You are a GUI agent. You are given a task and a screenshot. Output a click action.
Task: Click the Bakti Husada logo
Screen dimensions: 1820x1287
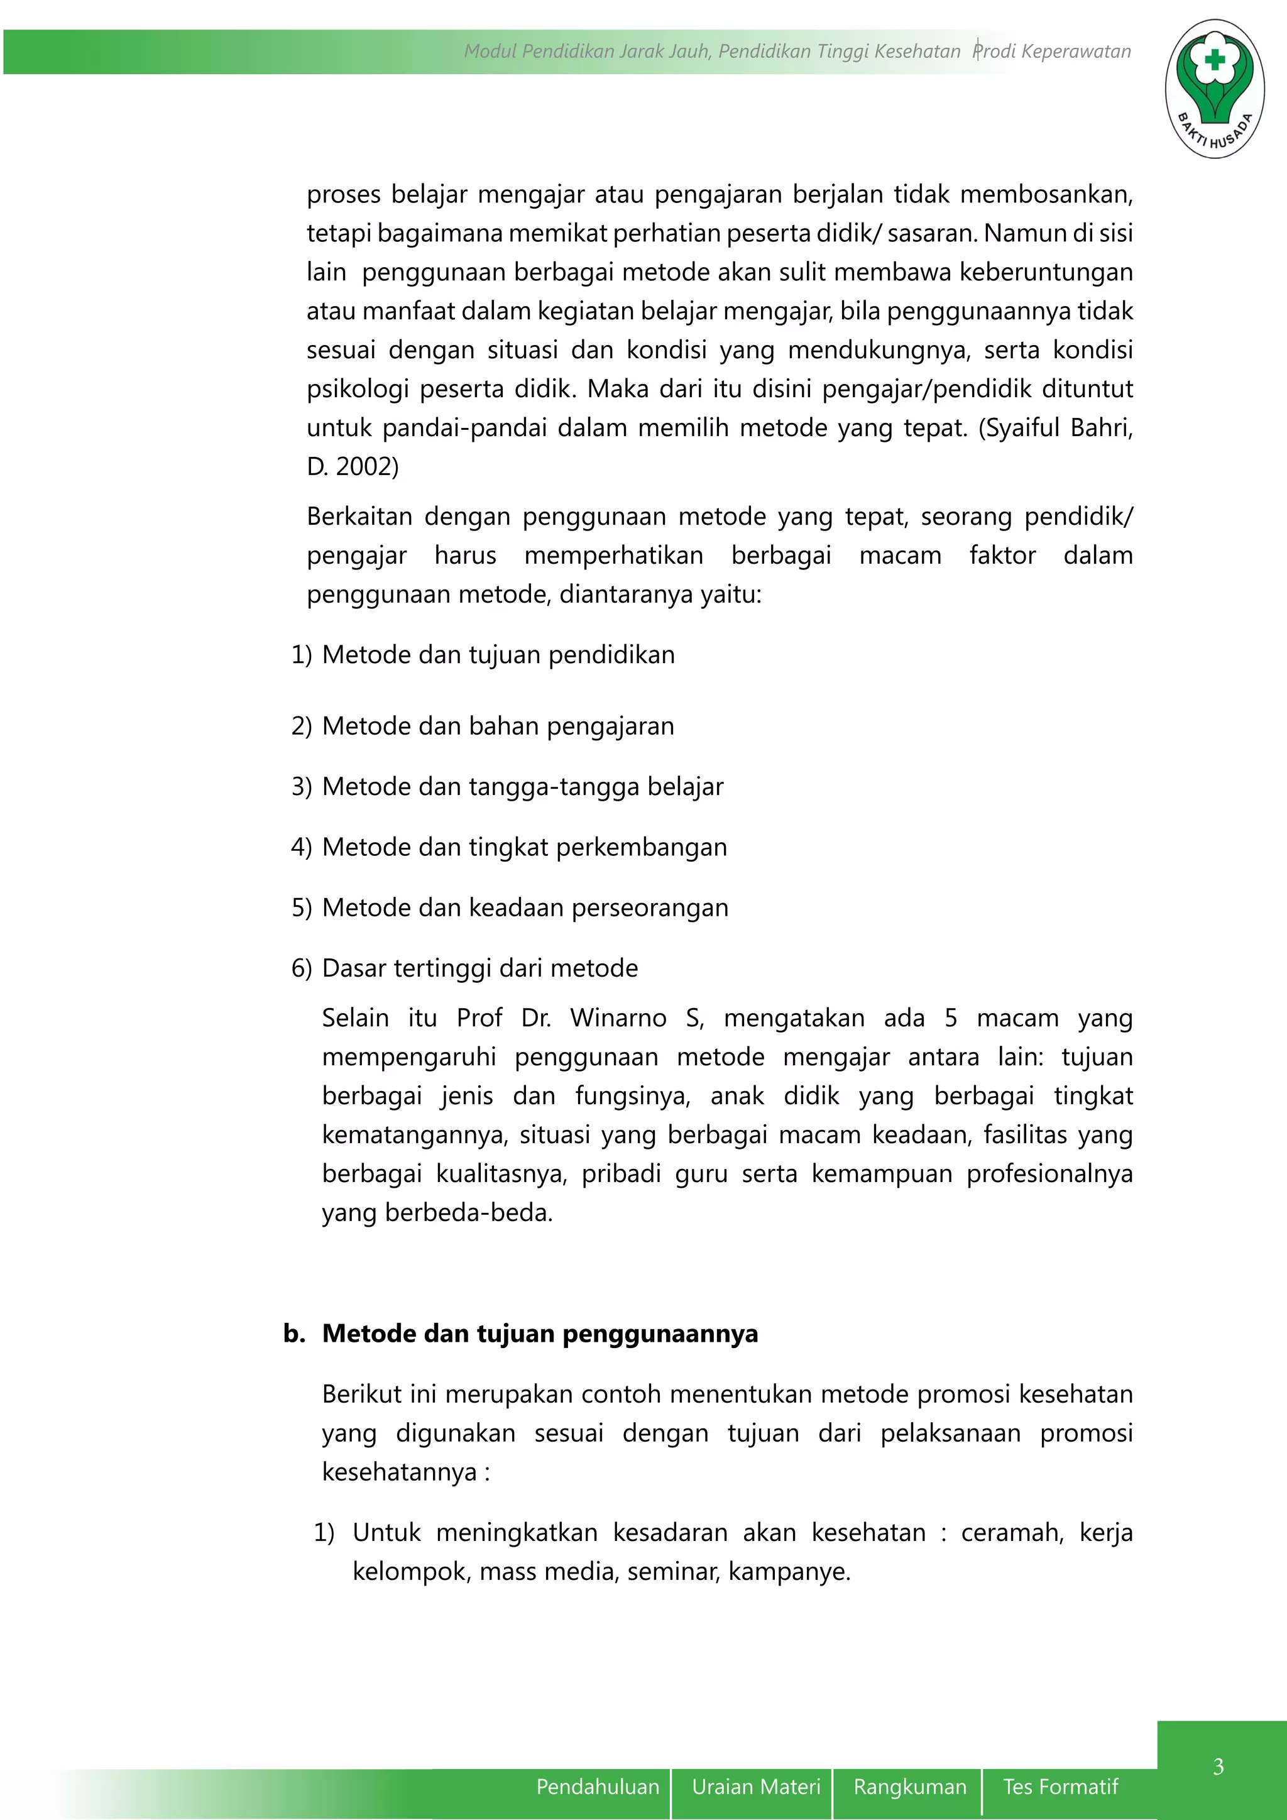[x=1214, y=89]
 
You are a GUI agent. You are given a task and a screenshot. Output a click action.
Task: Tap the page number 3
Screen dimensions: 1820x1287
[x=1218, y=1766]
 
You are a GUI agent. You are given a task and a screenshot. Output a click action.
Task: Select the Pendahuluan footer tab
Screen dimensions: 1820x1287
[x=598, y=1787]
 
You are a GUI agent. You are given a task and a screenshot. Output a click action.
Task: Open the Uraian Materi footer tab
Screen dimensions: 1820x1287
[x=755, y=1787]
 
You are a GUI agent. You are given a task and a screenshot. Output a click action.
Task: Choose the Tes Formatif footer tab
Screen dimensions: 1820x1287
[x=1060, y=1787]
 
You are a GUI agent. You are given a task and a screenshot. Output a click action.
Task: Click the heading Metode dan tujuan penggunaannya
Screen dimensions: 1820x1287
[x=540, y=1334]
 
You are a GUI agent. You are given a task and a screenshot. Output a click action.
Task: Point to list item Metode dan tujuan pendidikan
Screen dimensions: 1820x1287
[x=498, y=655]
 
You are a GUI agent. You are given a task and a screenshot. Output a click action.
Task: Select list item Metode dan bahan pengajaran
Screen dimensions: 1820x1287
[x=498, y=726]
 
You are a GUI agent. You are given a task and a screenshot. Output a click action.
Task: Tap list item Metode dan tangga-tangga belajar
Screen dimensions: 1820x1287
[x=522, y=786]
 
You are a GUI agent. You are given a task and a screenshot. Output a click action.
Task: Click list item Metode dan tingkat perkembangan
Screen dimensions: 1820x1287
[x=524, y=847]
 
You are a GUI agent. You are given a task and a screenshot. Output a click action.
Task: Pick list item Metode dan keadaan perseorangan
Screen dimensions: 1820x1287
[x=525, y=907]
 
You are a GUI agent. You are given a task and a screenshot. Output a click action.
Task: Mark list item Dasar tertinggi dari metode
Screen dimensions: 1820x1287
[x=479, y=968]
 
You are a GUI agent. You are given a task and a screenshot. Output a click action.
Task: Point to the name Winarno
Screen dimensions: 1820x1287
[x=618, y=1018]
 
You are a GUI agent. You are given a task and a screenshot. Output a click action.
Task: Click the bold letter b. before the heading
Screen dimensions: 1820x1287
[x=294, y=1334]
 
